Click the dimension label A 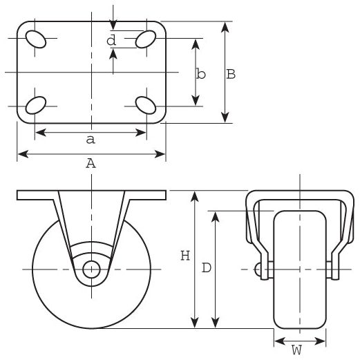90,163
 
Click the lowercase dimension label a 90,140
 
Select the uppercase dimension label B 231,74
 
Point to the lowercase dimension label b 200,74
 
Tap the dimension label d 111,41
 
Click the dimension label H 184,256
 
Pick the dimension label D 206,268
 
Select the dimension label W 296,350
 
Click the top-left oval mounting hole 36,40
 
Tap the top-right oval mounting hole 146,40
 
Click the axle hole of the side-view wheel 91,269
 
